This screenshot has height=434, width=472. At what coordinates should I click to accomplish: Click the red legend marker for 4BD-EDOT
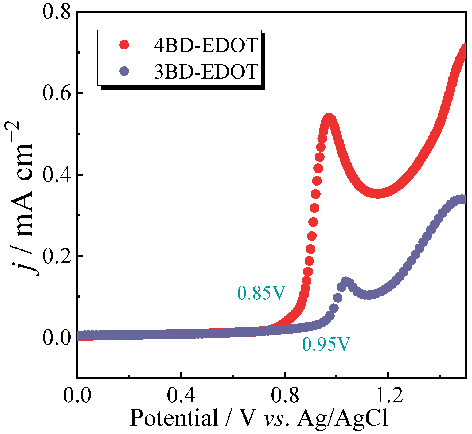124,45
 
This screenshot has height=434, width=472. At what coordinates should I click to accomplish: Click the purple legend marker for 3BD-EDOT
124,71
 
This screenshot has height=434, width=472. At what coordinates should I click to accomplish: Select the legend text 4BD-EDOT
206,45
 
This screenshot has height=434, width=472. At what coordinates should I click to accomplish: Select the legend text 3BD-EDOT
206,72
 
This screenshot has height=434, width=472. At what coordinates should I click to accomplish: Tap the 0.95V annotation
326,344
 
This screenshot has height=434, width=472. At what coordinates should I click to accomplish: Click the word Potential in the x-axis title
174,418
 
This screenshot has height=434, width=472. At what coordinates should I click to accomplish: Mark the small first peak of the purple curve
345,281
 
